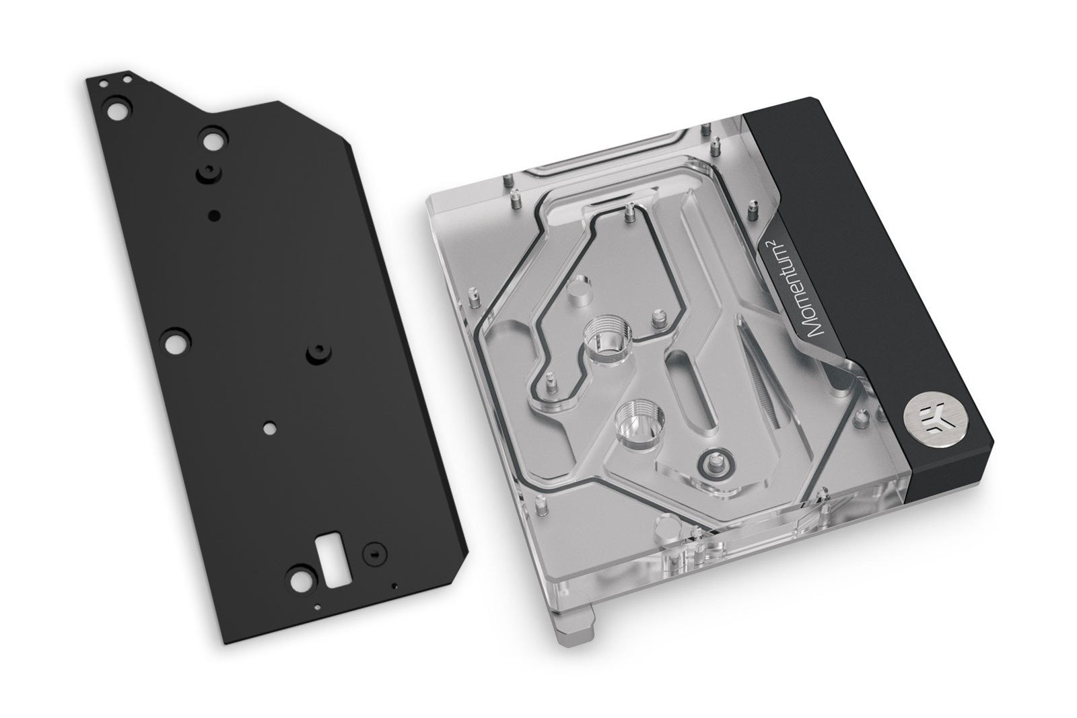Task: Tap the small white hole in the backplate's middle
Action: (x=270, y=427)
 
